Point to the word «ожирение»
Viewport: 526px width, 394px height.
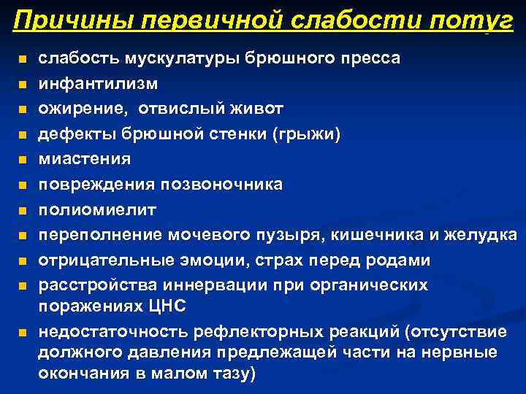[x=79, y=109]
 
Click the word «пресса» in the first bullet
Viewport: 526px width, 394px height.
[x=367, y=58]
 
